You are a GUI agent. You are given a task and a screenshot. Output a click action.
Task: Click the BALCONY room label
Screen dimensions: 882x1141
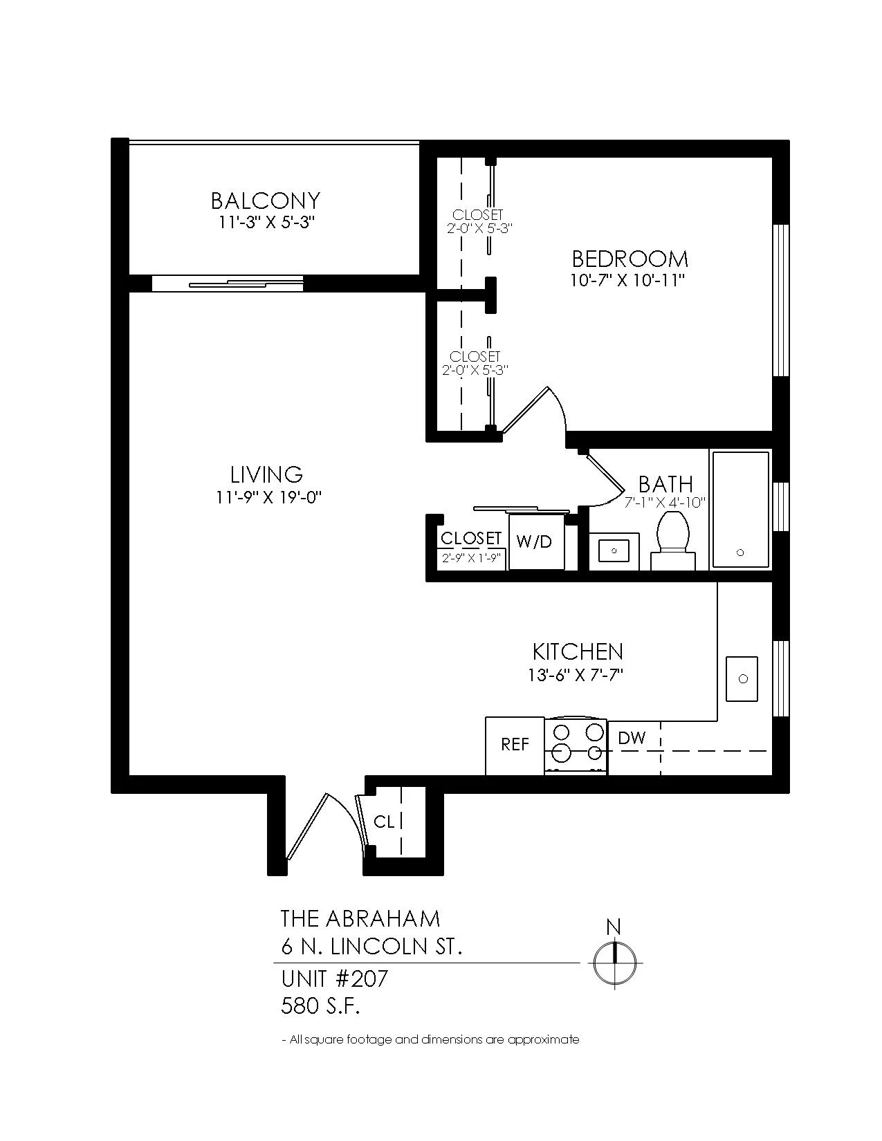pos(265,201)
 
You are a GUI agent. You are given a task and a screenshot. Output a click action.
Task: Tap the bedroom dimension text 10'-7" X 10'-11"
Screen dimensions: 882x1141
pos(628,280)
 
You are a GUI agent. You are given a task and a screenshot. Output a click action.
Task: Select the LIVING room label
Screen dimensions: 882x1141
pos(267,474)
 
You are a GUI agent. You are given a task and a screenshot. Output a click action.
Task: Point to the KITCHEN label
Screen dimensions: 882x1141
pos(578,651)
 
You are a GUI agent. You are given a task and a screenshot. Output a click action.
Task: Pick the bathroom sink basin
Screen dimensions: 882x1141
pos(614,551)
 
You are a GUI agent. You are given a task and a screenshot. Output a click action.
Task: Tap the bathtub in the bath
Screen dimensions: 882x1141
pos(740,510)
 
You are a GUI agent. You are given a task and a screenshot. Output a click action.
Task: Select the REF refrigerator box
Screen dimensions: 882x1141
pos(514,745)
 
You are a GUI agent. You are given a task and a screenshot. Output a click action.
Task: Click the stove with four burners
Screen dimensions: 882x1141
pos(576,746)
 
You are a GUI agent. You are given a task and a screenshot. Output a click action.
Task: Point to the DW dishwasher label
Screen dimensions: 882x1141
pos(632,739)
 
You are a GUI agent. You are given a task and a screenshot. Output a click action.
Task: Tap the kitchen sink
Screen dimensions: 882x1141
pos(742,679)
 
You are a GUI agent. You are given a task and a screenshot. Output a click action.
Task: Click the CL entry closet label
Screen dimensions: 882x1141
pos(384,822)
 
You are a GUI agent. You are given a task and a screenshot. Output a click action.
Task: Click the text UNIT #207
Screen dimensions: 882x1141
pos(335,978)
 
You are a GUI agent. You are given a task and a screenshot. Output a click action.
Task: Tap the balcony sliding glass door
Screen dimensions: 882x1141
pos(228,284)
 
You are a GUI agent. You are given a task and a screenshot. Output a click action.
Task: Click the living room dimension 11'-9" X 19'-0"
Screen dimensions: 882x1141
pos(268,497)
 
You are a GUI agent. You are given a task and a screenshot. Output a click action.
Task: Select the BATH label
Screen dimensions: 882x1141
pos(665,483)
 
